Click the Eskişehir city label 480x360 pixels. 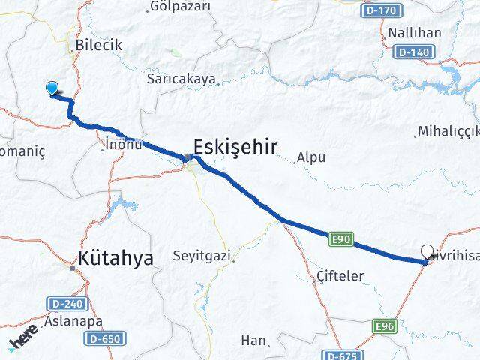click(x=235, y=145)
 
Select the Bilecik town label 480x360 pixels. click(x=98, y=45)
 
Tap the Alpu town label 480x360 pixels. click(x=310, y=157)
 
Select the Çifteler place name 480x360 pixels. click(x=340, y=276)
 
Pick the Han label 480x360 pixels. click(x=253, y=340)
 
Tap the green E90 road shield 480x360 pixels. click(x=340, y=238)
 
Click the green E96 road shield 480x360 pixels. click(x=385, y=325)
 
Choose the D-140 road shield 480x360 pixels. click(x=415, y=52)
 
